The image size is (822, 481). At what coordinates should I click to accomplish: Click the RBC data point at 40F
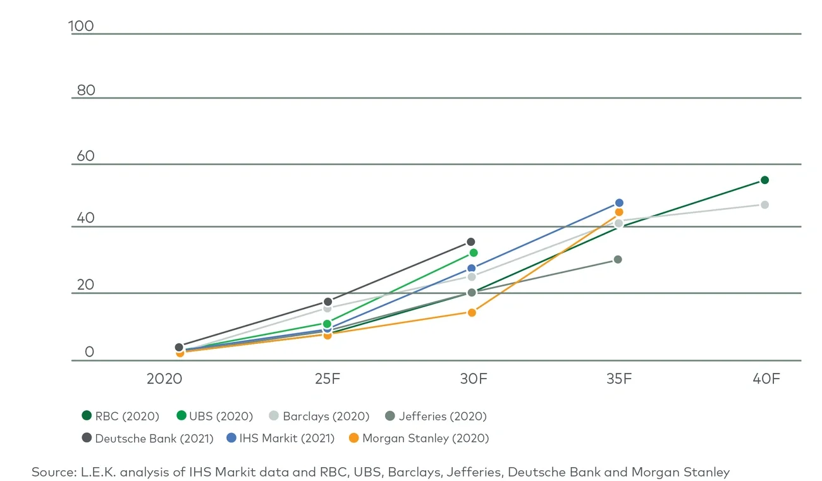point(764,180)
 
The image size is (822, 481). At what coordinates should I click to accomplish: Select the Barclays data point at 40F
point(764,205)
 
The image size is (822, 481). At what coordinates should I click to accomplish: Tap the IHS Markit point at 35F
point(619,203)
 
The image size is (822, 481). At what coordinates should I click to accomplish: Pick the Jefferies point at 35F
point(618,259)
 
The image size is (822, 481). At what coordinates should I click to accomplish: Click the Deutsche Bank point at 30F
point(470,242)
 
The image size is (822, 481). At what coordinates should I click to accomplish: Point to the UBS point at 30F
point(473,253)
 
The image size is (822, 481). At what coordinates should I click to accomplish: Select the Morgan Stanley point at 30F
point(471,312)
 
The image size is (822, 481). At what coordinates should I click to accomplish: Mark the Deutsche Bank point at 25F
point(328,301)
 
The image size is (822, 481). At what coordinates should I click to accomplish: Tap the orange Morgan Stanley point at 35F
point(619,212)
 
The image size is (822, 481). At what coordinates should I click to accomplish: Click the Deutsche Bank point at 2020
point(179,347)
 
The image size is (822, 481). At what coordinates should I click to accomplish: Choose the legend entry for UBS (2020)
point(214,416)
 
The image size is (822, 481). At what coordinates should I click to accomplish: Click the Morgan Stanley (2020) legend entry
point(418,438)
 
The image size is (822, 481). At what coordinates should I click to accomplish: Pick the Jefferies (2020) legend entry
point(436,416)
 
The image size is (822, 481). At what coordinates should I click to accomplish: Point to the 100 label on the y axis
point(81,26)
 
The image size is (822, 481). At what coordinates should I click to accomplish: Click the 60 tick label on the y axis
point(85,155)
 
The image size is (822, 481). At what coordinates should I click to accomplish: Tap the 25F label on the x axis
point(328,379)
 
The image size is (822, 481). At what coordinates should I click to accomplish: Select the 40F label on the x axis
point(766,379)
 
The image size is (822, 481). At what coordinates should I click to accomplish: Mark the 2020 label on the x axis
point(164,379)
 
